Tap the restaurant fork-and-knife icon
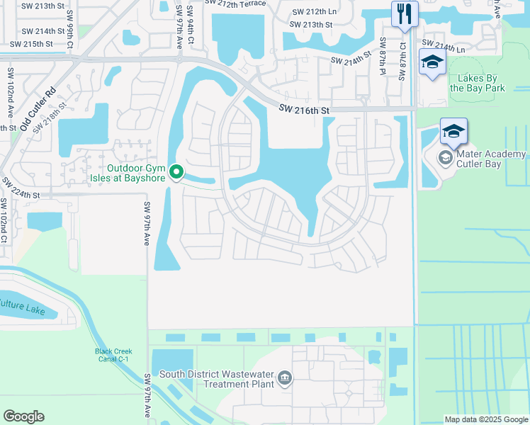405,13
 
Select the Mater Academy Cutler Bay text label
492,159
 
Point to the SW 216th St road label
304,110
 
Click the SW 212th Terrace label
235,4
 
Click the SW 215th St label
27,44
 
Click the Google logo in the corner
23,416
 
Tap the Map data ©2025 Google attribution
485,419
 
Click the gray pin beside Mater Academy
446,157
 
